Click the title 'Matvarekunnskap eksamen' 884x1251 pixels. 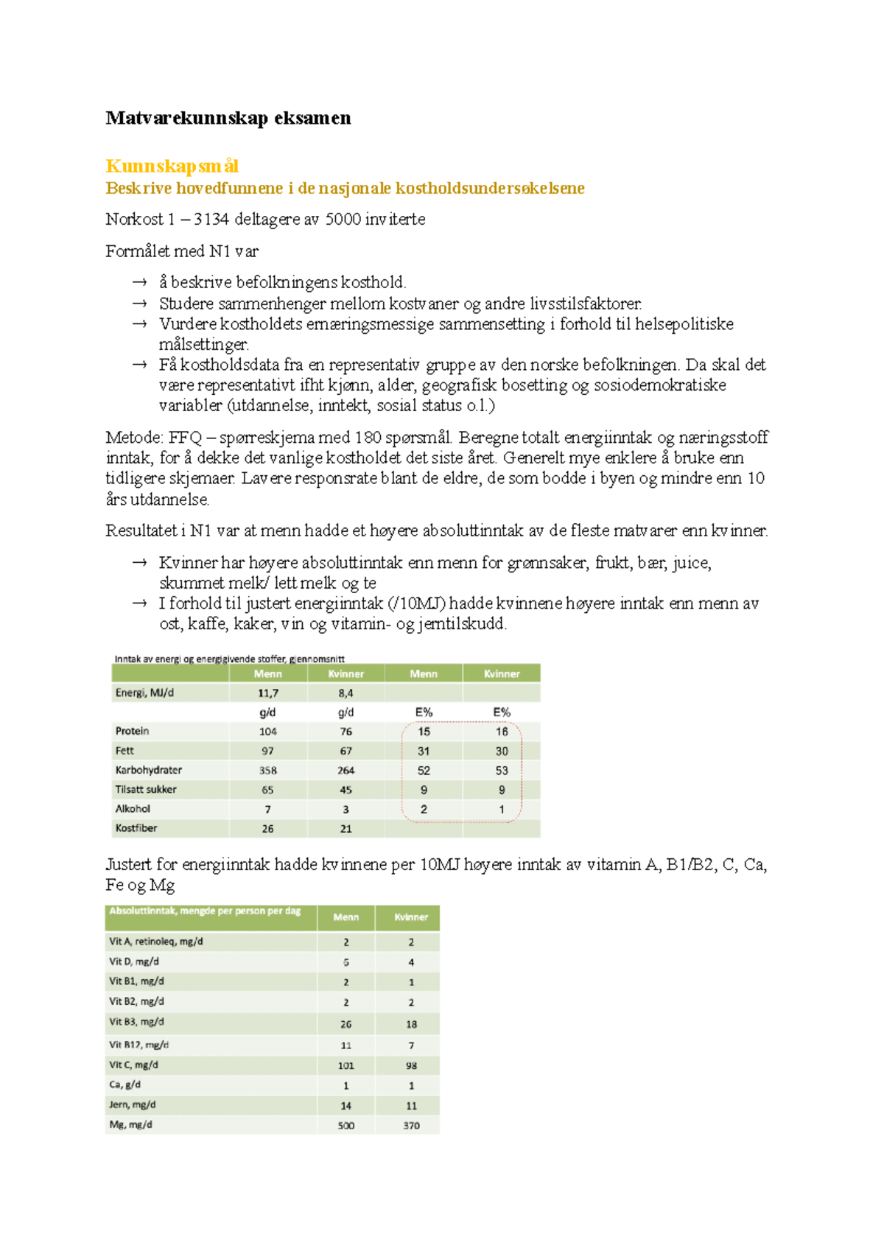point(228,118)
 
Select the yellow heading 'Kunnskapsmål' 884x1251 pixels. point(172,167)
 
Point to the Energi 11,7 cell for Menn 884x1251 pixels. point(268,693)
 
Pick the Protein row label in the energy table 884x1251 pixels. point(133,731)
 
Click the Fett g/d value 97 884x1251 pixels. point(267,751)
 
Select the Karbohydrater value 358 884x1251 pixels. point(267,770)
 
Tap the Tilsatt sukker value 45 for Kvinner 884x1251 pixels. point(345,790)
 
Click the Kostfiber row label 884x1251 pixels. point(136,828)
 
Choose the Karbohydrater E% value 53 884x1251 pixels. point(502,771)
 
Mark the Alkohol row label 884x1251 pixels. point(133,809)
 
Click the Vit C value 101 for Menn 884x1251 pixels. point(346,1065)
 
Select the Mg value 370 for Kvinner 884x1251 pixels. point(411,1126)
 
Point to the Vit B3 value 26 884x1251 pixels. point(346,1024)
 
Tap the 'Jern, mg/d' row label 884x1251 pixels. point(133,1105)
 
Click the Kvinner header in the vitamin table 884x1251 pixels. point(411,917)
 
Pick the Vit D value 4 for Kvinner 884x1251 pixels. point(411,962)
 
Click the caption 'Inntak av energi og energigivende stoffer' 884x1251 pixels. point(229,659)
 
